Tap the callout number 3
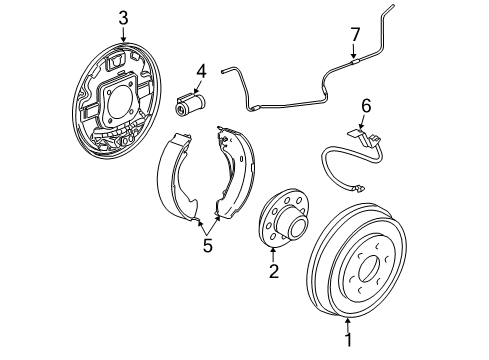(123, 17)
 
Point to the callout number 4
(200, 70)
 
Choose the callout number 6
(365, 104)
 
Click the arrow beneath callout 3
(123, 36)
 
